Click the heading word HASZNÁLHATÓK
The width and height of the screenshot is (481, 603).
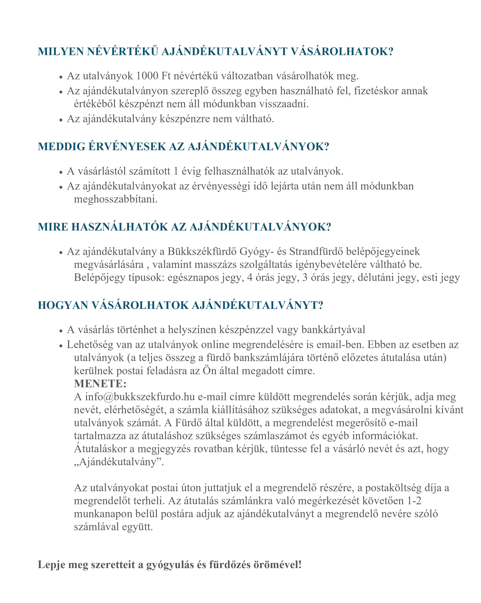point(119,227)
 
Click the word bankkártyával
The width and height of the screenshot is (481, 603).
point(333,330)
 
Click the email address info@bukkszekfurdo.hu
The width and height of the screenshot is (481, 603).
point(140,397)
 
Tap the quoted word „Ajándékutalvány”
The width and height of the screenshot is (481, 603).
point(119,462)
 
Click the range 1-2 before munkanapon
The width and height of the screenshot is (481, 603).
point(414,501)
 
